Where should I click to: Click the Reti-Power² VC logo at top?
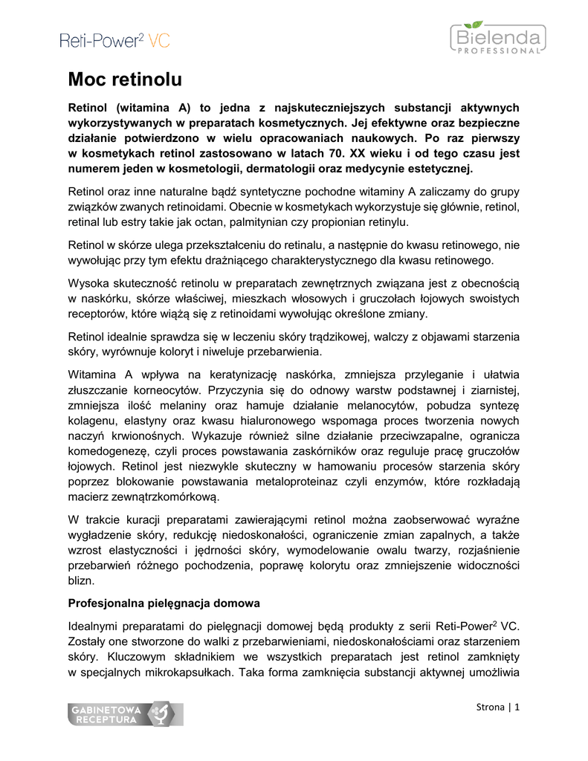[x=114, y=41]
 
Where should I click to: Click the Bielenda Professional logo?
[x=497, y=39]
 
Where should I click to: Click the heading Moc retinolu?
[x=125, y=78]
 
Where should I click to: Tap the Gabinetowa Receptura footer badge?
[x=124, y=714]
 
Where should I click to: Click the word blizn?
[x=81, y=579]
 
